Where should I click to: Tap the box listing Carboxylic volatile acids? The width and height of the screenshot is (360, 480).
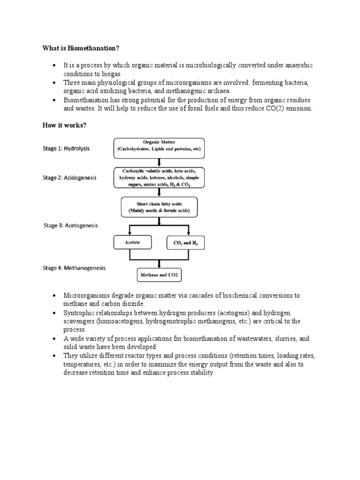pyautogui.click(x=159, y=178)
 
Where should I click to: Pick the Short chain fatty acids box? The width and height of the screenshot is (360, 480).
pyautogui.click(x=159, y=207)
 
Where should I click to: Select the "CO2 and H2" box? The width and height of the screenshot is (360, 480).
pyautogui.click(x=186, y=243)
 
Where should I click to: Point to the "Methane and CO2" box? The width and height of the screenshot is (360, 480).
pyautogui.click(x=158, y=275)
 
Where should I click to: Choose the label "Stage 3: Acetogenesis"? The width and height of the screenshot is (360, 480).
pyautogui.click(x=72, y=225)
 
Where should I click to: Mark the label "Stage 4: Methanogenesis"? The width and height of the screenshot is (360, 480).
pyautogui.click(x=75, y=268)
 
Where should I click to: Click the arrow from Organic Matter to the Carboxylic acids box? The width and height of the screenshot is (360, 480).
pyautogui.click(x=159, y=162)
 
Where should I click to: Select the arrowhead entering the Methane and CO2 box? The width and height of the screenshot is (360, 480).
pyautogui.click(x=159, y=266)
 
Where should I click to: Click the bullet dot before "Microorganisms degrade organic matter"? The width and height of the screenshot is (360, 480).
pyautogui.click(x=54, y=296)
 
